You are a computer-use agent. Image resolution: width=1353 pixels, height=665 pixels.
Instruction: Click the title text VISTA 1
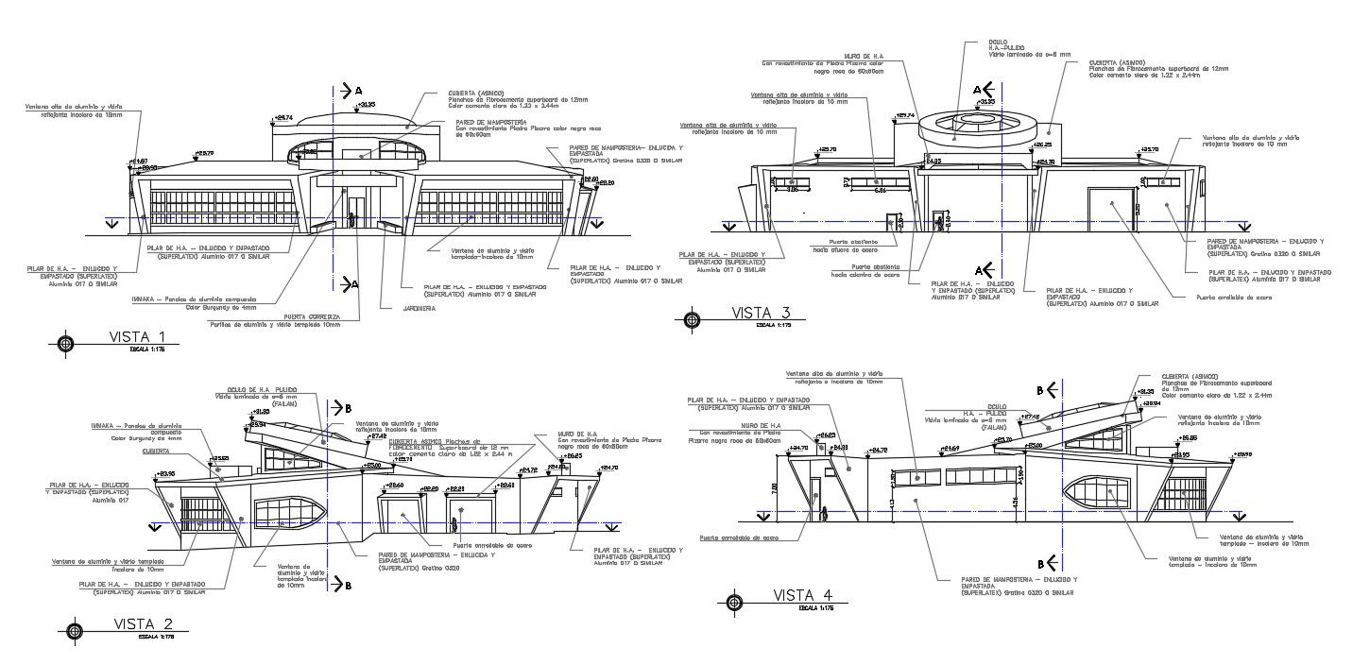(x=138, y=337)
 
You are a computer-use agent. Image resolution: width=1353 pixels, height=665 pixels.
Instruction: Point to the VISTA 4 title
(x=802, y=595)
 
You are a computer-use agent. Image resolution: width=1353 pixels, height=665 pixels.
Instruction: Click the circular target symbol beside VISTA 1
(x=65, y=343)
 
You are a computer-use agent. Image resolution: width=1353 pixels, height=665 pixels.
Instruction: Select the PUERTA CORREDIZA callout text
(x=312, y=316)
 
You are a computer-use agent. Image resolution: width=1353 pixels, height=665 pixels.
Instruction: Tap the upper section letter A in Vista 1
(x=358, y=90)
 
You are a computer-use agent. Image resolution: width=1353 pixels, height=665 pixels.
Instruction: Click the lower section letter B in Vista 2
(x=348, y=585)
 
